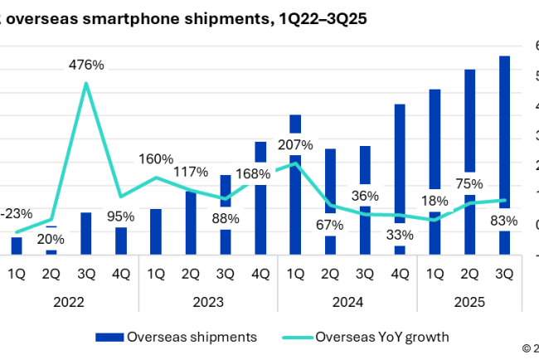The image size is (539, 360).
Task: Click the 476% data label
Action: (86, 66)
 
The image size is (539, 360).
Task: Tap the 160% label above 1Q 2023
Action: (156, 158)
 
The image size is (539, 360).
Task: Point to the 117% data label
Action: (191, 173)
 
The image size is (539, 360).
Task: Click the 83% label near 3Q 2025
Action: (503, 221)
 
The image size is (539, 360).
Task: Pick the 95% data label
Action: (121, 216)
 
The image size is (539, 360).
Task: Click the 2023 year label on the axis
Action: (207, 302)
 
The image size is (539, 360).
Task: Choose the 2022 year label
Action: (69, 302)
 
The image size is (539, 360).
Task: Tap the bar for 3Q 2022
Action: (86, 233)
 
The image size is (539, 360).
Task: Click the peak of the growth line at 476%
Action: (86, 83)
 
